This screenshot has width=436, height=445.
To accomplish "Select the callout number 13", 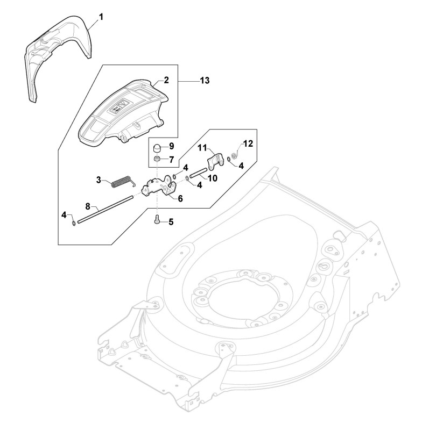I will coord(205,81).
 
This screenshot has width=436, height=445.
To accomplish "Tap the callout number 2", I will coord(166,80).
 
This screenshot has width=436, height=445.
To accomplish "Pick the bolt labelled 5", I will coord(157,219).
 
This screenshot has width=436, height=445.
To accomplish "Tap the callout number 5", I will coord(171,221).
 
